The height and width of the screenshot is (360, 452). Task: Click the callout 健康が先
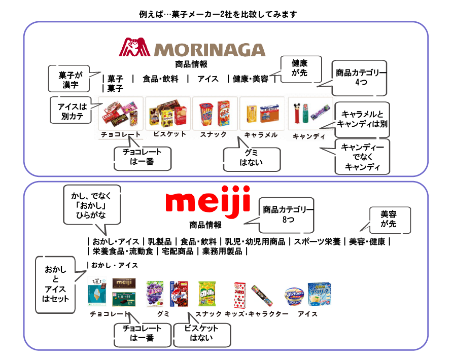(301, 69)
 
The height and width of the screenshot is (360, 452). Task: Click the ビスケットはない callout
(201, 333)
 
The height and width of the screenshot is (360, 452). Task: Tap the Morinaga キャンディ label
(309, 136)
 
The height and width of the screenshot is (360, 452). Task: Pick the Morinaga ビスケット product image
(168, 112)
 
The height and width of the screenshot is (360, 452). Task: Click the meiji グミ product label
(163, 314)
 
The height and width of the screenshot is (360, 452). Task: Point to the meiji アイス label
(307, 314)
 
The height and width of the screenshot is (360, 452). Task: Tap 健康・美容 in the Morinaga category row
(251, 79)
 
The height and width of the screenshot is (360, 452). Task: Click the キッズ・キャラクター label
(257, 314)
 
